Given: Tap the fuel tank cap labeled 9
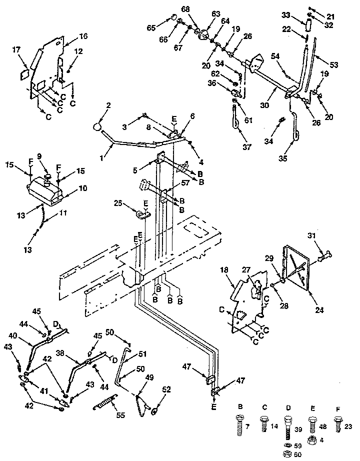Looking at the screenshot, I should tap(48, 176).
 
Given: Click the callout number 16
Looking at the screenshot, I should tap(83, 36).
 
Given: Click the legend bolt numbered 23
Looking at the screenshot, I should tap(338, 425).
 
